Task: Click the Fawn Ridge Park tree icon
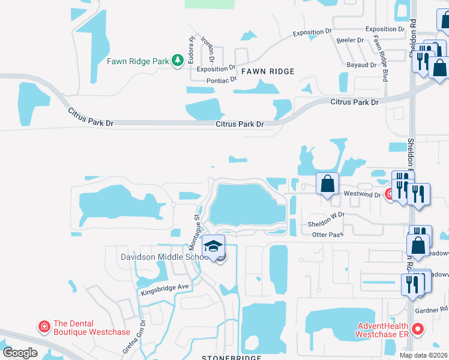click(x=177, y=61)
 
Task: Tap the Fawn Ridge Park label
click(x=137, y=61)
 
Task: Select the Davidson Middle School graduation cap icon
click(x=213, y=246)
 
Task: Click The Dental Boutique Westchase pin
click(x=44, y=327)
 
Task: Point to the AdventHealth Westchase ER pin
click(x=418, y=329)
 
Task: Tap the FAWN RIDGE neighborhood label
click(x=268, y=71)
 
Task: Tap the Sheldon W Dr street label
click(x=327, y=218)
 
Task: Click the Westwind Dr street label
click(x=363, y=194)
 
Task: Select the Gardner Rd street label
click(x=435, y=310)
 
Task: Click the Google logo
click(x=20, y=353)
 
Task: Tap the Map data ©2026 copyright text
click(x=423, y=355)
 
